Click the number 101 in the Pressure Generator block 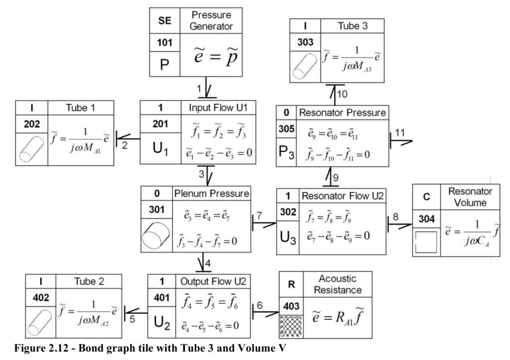pos(164,42)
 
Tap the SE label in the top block pos(164,20)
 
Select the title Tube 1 pos(80,108)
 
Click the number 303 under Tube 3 pos(305,42)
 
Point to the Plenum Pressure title pos(212,194)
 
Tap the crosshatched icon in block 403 pos(291,326)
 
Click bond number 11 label pos(400,132)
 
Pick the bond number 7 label pos(259,216)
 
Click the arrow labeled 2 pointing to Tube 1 pos(128,139)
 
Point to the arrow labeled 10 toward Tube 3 pos(332,95)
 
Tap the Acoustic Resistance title pos(338,284)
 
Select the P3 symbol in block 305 pos(286,152)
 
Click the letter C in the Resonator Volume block pos(426,197)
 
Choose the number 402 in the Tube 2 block pos(41,298)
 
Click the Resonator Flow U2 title pos(343,196)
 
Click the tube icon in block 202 pos(31,148)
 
